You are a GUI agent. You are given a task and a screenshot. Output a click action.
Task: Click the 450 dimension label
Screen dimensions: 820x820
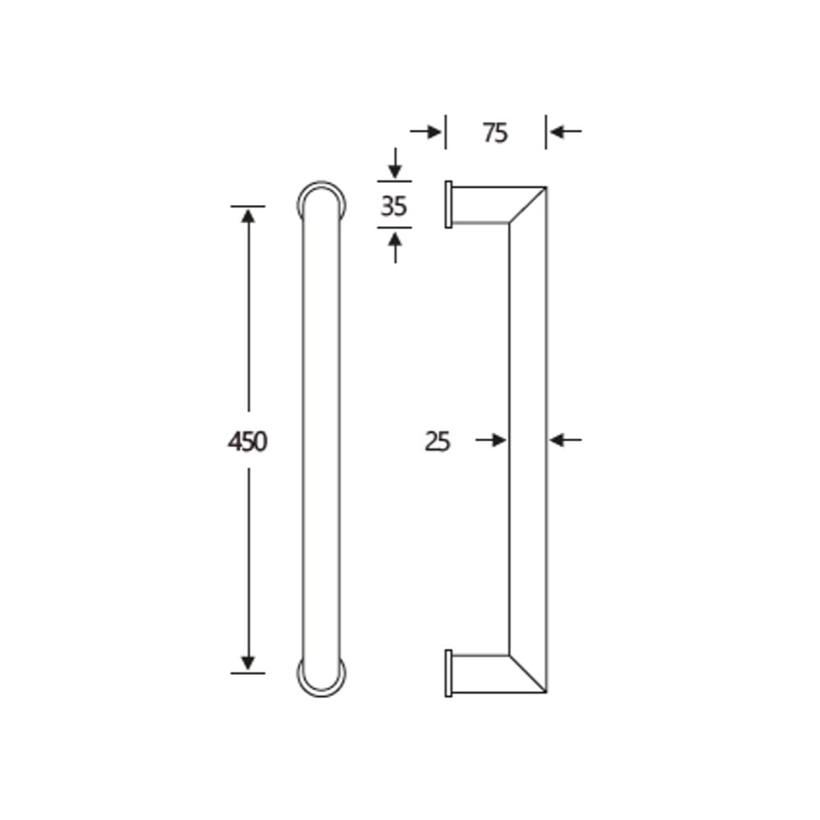tap(248, 442)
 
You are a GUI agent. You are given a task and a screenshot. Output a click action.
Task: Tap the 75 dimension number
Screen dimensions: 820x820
tap(495, 133)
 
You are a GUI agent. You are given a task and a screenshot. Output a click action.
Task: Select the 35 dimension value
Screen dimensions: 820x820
tap(394, 206)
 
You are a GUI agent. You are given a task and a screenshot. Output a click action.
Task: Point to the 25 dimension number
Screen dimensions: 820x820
tap(437, 442)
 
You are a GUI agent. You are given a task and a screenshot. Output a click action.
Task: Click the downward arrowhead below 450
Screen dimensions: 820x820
tap(248, 663)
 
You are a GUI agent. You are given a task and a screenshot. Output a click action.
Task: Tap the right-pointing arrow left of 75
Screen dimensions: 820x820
tap(426, 132)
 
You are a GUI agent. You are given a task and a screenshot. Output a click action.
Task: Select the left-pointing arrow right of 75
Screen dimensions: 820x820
tap(566, 132)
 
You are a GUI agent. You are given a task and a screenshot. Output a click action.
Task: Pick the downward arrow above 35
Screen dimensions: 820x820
tap(395, 163)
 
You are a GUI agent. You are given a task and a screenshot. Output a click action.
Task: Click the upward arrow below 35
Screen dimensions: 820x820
tap(395, 248)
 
